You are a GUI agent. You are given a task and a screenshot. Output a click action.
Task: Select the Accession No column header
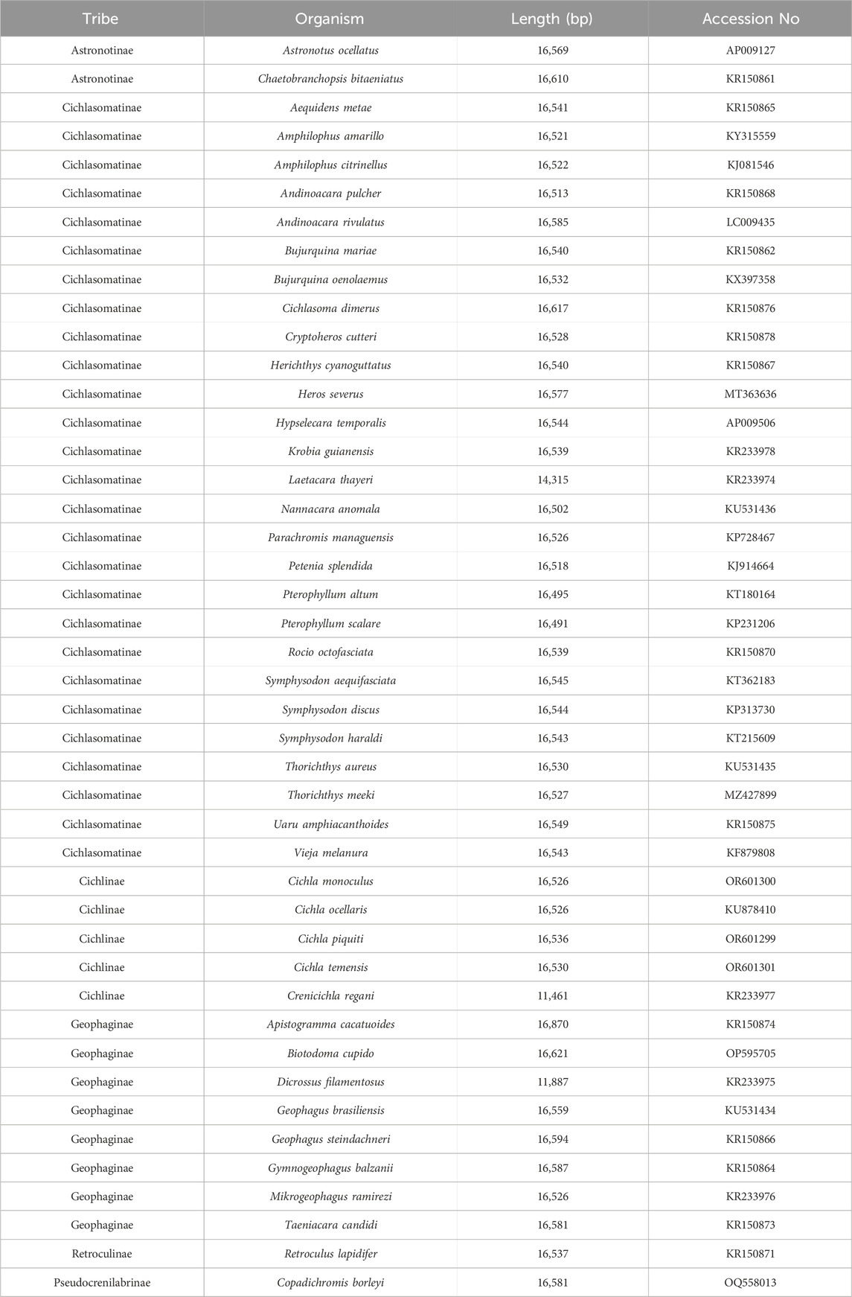click(750, 19)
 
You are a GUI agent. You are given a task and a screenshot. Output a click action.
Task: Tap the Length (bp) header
click(551, 19)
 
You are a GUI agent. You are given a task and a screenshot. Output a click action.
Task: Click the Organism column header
click(330, 19)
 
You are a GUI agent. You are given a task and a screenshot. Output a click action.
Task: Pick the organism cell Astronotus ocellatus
click(330, 51)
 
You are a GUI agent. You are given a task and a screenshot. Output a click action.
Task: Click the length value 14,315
click(552, 480)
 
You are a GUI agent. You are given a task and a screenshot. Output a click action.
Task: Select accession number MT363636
click(750, 394)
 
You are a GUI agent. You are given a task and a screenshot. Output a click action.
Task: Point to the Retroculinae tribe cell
click(102, 1254)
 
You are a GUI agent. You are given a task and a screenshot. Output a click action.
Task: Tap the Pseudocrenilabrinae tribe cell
click(102, 1283)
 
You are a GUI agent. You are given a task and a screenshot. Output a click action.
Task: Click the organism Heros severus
click(330, 394)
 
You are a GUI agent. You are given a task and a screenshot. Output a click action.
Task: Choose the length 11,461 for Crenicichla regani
click(552, 996)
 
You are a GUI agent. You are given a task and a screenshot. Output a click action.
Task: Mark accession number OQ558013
click(750, 1283)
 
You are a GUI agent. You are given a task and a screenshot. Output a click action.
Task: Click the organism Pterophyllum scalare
click(330, 624)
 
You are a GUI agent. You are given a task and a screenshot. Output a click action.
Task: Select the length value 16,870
click(552, 1024)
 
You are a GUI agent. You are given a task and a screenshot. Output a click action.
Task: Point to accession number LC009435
click(750, 222)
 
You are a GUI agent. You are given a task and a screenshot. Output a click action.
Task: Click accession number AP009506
click(750, 423)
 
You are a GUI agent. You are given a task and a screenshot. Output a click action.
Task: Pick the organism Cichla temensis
click(330, 967)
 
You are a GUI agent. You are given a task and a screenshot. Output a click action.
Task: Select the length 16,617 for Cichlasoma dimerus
click(552, 308)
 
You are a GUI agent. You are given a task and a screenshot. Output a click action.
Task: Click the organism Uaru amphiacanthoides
click(330, 824)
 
